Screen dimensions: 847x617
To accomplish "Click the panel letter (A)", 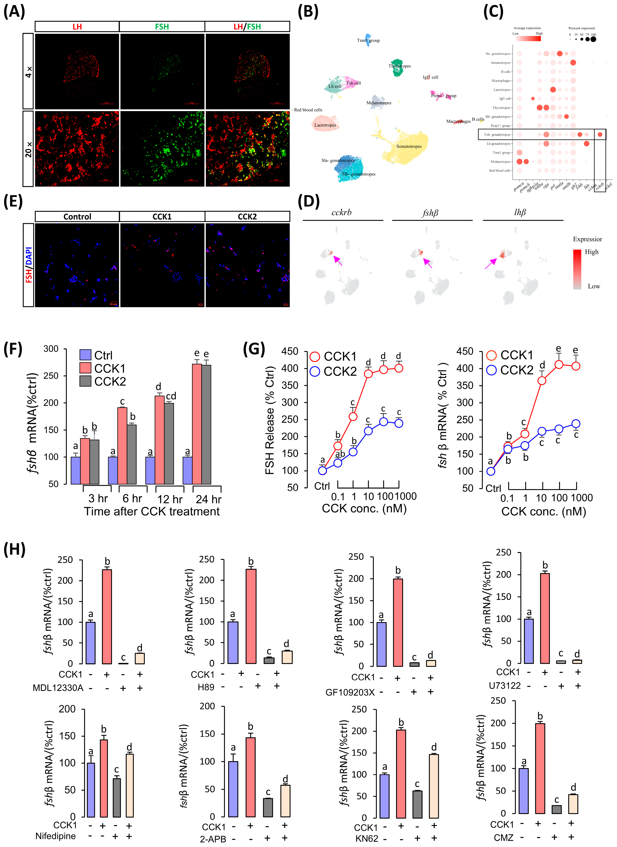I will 14,11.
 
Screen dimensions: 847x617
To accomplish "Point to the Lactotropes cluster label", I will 325,125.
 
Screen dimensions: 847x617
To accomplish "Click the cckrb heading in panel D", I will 341,213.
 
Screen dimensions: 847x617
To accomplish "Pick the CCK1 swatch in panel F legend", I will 86,368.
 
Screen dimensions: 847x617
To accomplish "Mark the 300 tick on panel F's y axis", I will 51,349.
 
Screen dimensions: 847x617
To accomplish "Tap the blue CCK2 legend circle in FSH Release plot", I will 315,372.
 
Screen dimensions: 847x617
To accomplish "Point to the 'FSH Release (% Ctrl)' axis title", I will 270,420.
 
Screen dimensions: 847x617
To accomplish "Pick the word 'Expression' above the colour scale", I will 588,239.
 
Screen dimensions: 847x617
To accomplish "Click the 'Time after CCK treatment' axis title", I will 152,511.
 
